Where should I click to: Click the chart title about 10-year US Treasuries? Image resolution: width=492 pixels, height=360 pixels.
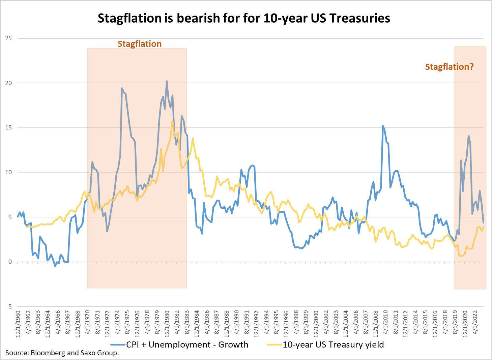244,18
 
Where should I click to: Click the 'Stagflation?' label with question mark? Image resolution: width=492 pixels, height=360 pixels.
449,67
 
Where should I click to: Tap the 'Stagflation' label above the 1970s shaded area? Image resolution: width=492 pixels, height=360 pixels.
139,44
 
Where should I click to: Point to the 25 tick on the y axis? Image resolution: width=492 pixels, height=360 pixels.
8,38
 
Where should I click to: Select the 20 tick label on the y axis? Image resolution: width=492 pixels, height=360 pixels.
8,83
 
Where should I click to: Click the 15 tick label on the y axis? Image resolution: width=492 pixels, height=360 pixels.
8,128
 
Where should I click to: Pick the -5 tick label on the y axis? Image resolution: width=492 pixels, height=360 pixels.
8,306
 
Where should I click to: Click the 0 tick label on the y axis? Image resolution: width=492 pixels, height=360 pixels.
10,262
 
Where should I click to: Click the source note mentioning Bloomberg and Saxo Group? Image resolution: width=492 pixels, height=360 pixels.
62,353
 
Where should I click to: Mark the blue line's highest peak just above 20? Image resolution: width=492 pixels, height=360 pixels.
167,81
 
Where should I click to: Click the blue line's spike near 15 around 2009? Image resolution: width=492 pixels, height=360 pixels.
383,126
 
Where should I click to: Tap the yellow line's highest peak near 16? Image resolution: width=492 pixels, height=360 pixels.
173,120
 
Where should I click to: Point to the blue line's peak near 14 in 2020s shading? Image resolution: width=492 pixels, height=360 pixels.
468,136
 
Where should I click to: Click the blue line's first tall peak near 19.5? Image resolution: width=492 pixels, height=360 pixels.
122,88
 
